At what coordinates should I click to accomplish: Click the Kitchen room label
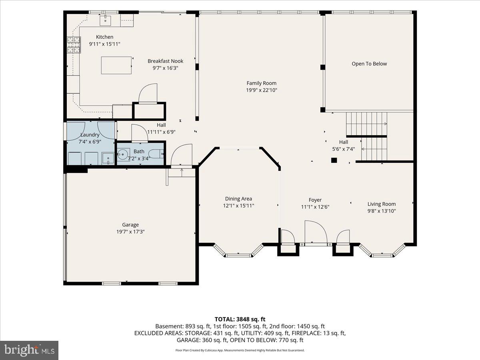click(104, 37)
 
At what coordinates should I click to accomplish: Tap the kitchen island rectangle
click(116, 65)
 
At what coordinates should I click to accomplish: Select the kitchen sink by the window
click(105, 21)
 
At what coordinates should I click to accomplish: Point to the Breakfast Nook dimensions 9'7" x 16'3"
click(165, 68)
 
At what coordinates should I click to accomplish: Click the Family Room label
click(261, 83)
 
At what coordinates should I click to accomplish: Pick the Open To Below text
click(369, 64)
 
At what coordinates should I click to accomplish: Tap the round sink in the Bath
click(122, 154)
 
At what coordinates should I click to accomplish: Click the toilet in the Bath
click(156, 154)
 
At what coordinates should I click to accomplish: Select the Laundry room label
click(90, 135)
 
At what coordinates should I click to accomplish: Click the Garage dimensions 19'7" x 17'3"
click(130, 232)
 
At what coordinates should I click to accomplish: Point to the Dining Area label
click(238, 199)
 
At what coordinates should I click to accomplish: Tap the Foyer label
click(315, 200)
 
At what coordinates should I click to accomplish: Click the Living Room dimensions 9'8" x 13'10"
click(382, 211)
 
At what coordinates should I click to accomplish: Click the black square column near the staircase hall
click(334, 160)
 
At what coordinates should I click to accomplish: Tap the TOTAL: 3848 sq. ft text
click(240, 319)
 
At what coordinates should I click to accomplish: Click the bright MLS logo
click(29, 350)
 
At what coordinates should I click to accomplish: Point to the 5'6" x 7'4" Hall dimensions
click(343, 149)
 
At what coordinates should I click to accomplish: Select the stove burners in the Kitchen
click(74, 45)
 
